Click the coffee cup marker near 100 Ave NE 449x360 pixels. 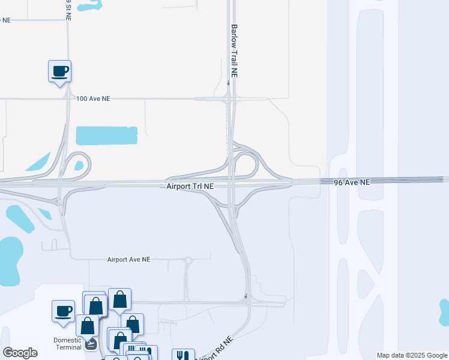click(59, 71)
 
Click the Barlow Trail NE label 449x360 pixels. click(235, 51)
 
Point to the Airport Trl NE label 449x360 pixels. click(190, 187)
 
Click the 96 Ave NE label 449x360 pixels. click(352, 181)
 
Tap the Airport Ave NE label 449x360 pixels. click(128, 260)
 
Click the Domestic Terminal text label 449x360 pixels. click(67, 343)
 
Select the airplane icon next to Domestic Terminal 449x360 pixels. click(91, 344)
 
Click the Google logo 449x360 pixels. click(20, 353)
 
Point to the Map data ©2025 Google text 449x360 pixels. click(412, 355)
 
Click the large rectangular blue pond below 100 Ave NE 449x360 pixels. click(107, 136)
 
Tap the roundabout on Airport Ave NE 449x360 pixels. click(188, 260)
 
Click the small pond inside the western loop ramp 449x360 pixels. click(79, 166)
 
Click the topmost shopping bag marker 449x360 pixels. click(119, 299)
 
